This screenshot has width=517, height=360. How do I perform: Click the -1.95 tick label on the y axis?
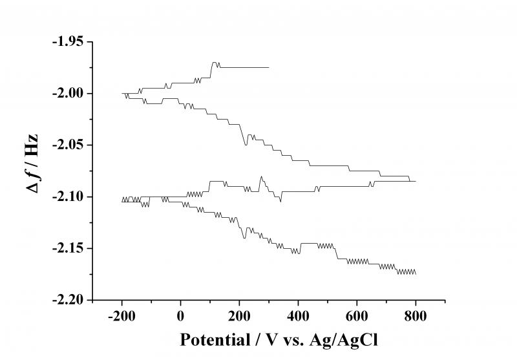(x=69, y=42)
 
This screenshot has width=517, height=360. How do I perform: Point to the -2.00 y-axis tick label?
(x=69, y=94)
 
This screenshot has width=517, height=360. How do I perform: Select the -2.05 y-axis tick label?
(x=69, y=145)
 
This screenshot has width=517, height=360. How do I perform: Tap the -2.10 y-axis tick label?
(x=69, y=197)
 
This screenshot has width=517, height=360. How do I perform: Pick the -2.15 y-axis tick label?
(x=69, y=249)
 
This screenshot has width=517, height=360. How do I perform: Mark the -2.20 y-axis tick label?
(x=69, y=301)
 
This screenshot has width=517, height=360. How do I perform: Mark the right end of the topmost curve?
(x=268, y=67)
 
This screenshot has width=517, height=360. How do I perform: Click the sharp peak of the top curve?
(x=214, y=62)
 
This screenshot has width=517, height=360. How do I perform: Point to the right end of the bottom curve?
(x=416, y=274)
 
